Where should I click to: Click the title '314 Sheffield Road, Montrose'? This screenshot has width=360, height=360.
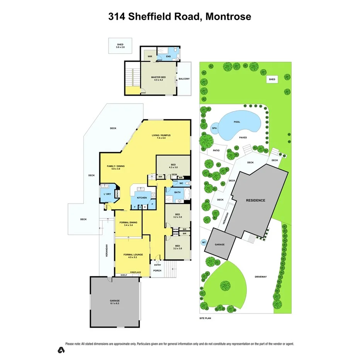tap(180, 17)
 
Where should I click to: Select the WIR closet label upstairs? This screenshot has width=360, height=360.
tap(149, 56)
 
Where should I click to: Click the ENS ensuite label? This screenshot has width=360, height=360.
tap(168, 57)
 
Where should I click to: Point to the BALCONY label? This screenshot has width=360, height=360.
tap(184, 79)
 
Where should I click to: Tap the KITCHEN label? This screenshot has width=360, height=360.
tap(141, 198)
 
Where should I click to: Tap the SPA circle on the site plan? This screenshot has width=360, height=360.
tap(214, 128)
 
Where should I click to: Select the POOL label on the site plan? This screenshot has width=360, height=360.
tap(237, 122)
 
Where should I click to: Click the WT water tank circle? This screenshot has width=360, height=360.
tap(204, 243)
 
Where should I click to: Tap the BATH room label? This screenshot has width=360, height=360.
tap(178, 192)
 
